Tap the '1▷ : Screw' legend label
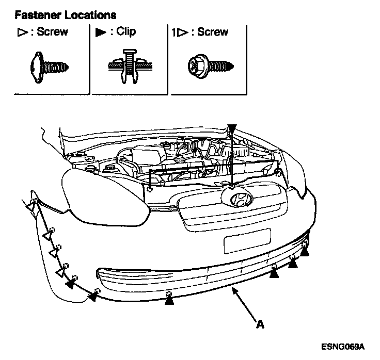(x=199, y=32)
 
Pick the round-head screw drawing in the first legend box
(x=50, y=66)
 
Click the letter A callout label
(x=260, y=324)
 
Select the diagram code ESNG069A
(x=342, y=345)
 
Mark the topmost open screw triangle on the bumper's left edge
(x=31, y=207)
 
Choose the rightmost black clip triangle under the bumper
(x=305, y=251)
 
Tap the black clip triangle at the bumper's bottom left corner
(x=93, y=296)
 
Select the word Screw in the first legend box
(x=53, y=32)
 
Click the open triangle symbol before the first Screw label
(x=21, y=32)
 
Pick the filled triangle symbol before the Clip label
(x=100, y=32)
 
